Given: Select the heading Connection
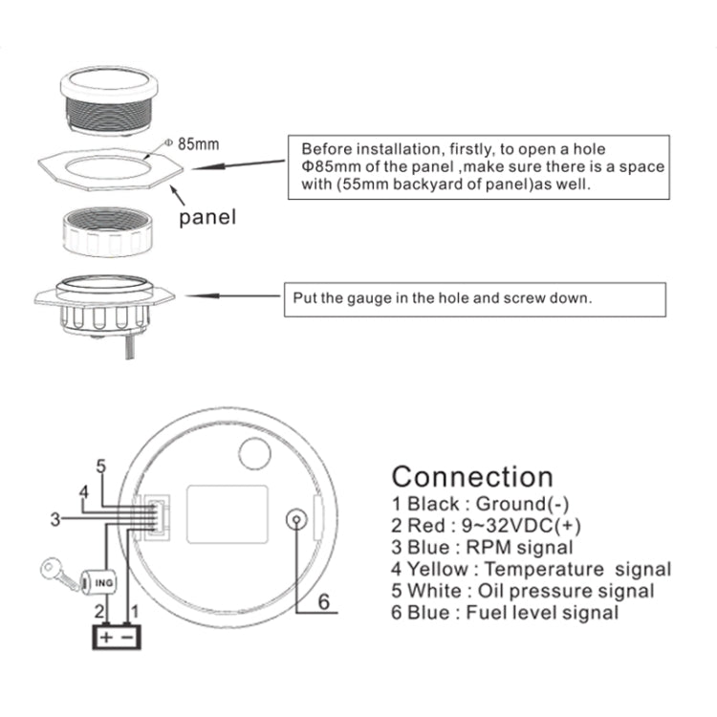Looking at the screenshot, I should pos(472,476).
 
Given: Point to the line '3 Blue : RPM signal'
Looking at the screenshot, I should pos(483,548).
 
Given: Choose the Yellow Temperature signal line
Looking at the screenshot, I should pos(532,570).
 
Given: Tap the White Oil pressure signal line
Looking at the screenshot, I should pos(523,592).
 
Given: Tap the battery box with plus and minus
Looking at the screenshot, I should pos(116,636).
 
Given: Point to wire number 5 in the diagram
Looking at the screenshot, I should pos(100,467).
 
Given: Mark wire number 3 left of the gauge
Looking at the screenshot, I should pos(54,519).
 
